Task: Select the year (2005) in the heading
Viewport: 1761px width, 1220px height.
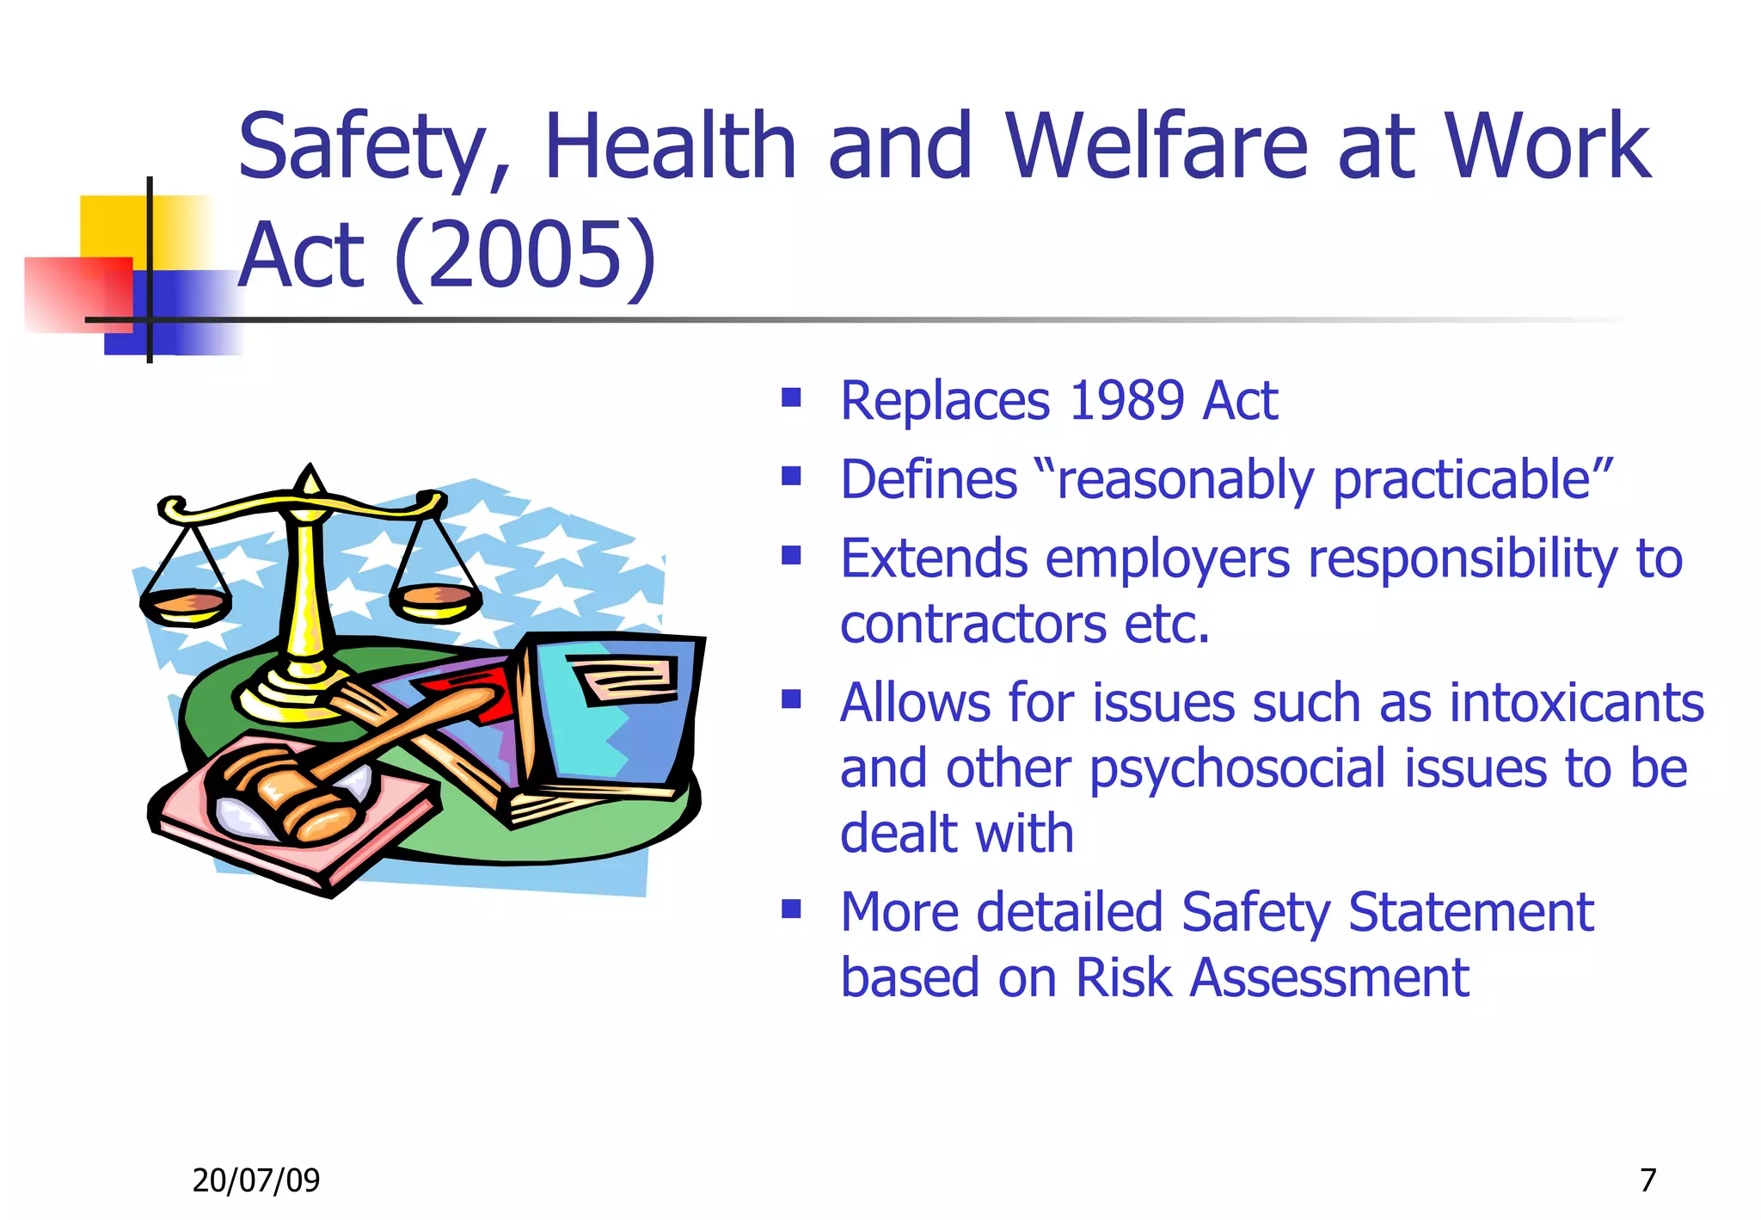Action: tap(525, 256)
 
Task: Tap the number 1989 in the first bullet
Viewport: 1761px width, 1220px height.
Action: tap(1125, 401)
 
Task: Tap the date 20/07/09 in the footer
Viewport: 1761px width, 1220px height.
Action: tap(255, 1180)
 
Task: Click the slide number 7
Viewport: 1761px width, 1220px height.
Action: tap(1647, 1180)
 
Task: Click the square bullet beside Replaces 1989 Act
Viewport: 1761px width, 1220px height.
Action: tap(791, 397)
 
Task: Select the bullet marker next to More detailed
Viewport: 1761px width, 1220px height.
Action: tap(791, 909)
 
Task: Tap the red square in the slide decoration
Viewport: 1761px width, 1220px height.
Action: tap(73, 293)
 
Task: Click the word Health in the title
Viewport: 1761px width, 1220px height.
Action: tap(671, 147)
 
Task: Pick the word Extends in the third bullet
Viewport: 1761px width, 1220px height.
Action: tap(934, 559)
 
